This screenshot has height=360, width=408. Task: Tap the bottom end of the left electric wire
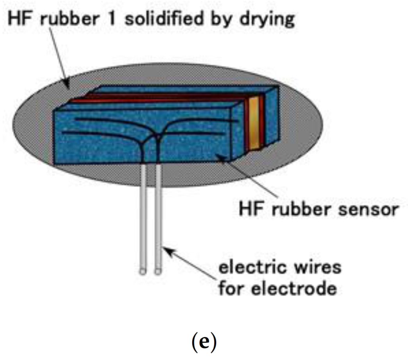pos(143,270)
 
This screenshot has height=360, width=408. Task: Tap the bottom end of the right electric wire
pos(158,270)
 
